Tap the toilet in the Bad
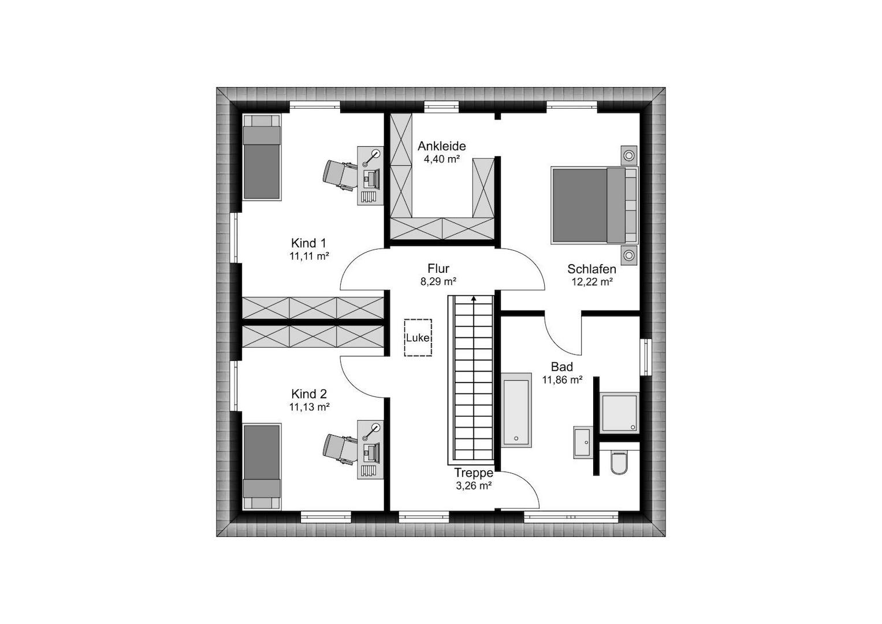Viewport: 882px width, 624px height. coord(619,462)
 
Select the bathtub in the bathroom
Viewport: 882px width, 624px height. coord(516,413)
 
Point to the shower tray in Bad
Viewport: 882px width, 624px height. coord(619,412)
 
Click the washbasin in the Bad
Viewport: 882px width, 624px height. coord(583,442)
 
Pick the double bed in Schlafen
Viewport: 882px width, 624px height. coord(594,205)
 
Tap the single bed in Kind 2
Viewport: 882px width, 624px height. coord(262,467)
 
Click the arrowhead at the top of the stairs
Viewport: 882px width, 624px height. coord(474,298)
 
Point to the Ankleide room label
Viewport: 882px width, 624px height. coord(442,146)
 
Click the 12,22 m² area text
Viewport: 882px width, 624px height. coord(592,282)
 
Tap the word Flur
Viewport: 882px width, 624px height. coord(438,268)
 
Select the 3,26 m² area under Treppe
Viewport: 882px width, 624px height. coord(474,486)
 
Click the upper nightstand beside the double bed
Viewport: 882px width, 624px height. coord(629,155)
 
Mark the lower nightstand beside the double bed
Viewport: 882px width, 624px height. coord(629,255)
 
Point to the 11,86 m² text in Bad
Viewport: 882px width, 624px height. coord(562,380)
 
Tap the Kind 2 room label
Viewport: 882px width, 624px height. coord(309,394)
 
